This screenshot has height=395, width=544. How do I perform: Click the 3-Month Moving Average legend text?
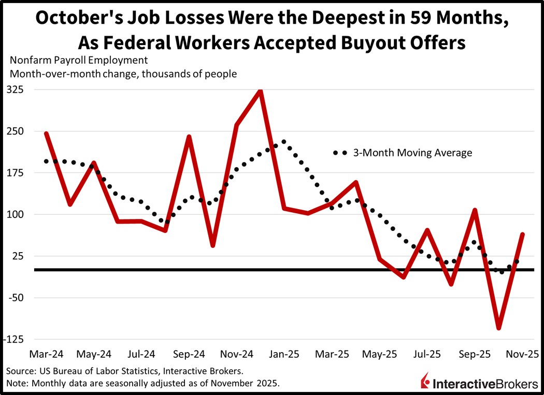click(412, 153)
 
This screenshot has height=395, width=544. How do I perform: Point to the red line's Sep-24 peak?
click(189, 137)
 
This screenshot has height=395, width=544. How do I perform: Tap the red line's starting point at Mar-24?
click(46, 134)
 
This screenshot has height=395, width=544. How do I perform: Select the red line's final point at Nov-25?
click(522, 235)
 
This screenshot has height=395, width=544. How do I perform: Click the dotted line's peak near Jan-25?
click(284, 141)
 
